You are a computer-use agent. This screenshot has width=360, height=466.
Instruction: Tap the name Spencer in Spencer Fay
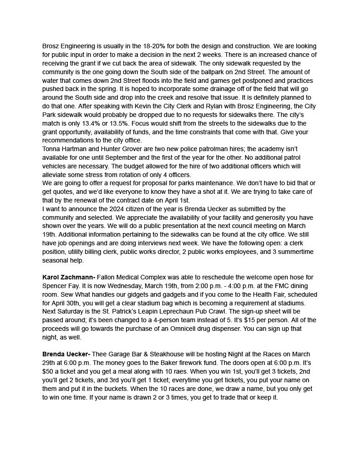(x=56, y=286)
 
